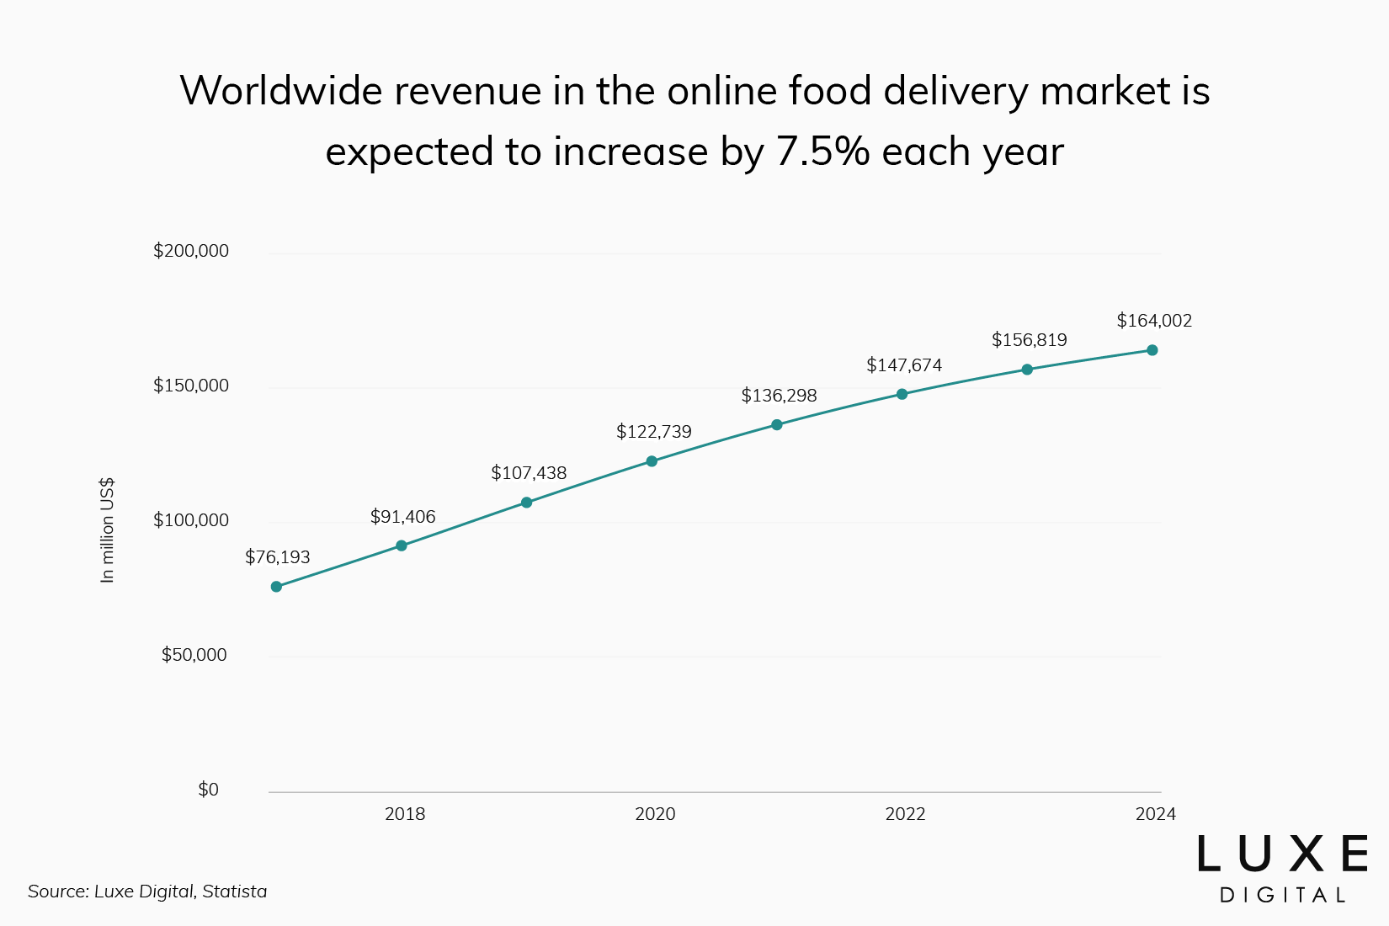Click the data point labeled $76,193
click(x=276, y=587)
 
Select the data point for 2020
click(x=652, y=461)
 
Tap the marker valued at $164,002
click(x=1152, y=350)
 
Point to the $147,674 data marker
click(x=902, y=394)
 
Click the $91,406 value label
click(x=403, y=517)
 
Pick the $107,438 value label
click(x=529, y=473)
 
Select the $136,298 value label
click(x=779, y=396)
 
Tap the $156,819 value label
click(x=1029, y=340)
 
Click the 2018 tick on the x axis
click(x=405, y=814)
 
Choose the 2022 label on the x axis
click(x=905, y=814)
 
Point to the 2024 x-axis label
click(x=1155, y=814)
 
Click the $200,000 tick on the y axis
click(x=191, y=251)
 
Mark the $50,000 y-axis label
click(x=194, y=655)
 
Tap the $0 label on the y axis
click(x=208, y=790)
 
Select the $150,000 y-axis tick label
click(x=191, y=386)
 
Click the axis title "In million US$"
click(x=107, y=530)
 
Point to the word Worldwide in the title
click(x=281, y=91)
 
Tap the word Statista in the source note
click(x=235, y=891)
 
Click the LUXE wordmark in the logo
click(x=1282, y=854)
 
